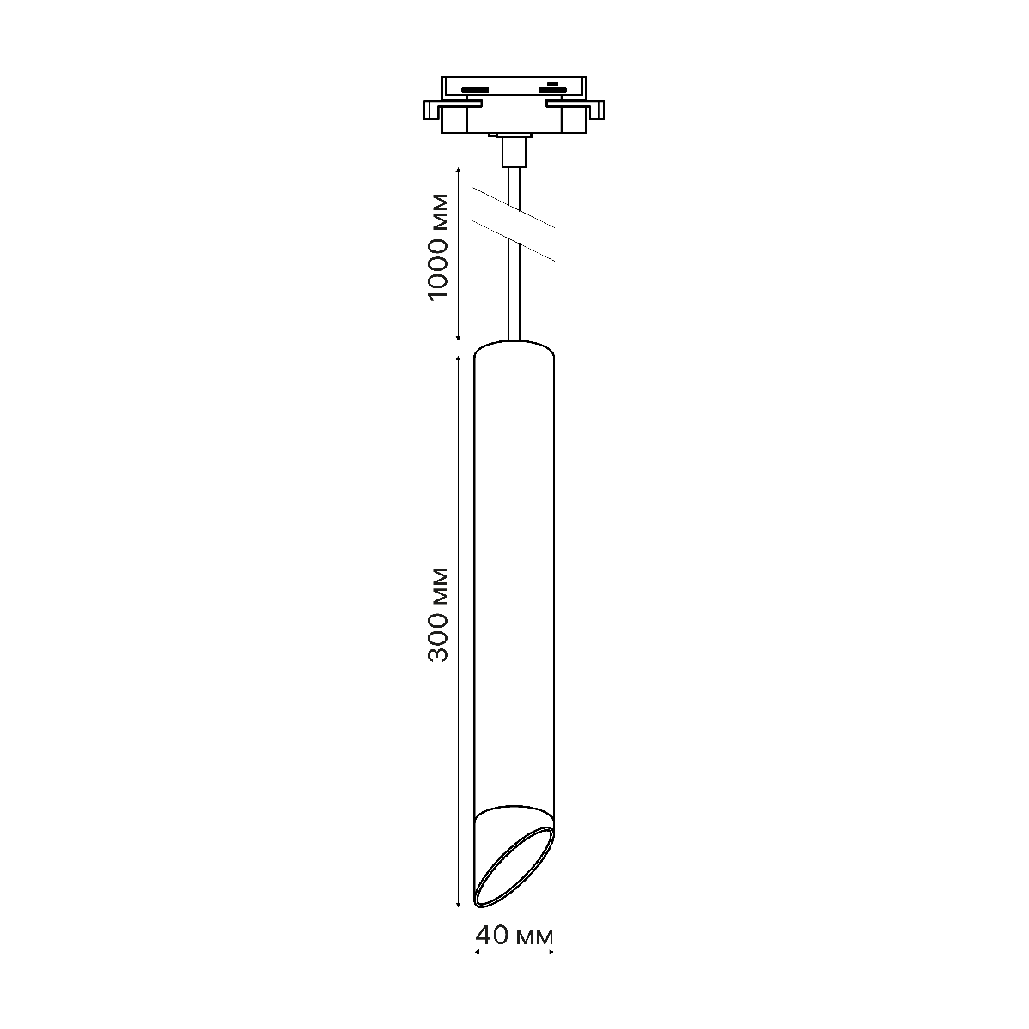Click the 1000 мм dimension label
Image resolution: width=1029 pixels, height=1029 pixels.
(438, 247)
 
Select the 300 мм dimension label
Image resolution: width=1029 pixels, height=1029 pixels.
(438, 615)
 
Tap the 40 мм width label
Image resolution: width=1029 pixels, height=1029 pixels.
(514, 935)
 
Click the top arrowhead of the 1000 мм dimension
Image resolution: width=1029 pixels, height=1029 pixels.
(458, 170)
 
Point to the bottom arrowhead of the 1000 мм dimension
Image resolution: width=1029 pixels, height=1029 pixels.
(458, 337)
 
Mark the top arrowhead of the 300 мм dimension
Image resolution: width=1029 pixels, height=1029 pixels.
(458, 358)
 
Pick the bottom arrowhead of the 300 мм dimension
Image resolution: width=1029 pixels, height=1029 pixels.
(458, 904)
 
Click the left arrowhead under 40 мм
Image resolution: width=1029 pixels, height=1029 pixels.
(478, 952)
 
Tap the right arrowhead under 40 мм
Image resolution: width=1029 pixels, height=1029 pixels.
(551, 952)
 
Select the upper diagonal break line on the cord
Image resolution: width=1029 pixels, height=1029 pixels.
(514, 208)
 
